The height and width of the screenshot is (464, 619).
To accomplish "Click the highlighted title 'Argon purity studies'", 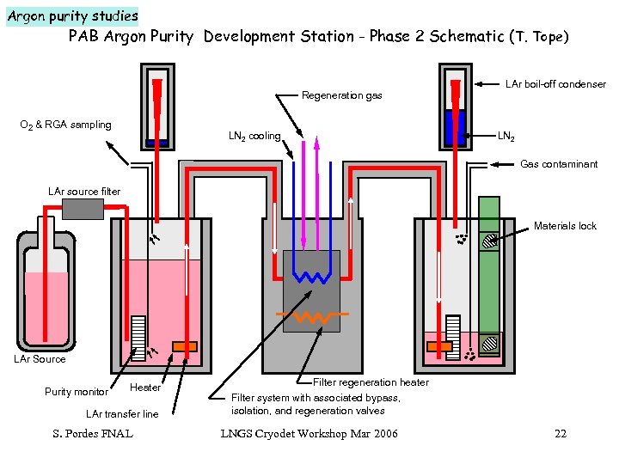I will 72,15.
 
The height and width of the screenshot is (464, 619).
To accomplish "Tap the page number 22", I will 561,433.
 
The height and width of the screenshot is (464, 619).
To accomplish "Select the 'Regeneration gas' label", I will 342,95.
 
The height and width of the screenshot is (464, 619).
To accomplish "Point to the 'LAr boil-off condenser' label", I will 555,84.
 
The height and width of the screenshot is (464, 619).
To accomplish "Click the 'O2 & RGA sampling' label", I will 65,125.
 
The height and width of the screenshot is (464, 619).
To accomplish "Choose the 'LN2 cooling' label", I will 254,136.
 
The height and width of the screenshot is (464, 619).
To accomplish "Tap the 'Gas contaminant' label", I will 559,164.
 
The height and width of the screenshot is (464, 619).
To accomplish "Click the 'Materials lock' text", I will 565,226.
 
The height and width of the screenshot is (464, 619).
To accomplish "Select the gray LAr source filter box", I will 83,209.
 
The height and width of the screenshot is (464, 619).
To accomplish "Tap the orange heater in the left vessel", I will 184,346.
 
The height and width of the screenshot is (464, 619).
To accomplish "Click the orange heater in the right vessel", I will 439,346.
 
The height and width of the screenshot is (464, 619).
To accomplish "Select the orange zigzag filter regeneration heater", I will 311,317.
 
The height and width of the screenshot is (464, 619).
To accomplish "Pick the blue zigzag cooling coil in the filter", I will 311,275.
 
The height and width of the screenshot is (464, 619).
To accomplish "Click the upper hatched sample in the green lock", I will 489,242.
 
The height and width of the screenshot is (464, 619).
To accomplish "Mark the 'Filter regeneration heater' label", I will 371,382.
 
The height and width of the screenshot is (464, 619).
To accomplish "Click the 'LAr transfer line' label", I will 122,414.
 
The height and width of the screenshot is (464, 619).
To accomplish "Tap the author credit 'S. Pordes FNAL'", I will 93,433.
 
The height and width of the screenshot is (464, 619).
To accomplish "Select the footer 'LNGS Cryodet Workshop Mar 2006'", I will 309,433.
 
